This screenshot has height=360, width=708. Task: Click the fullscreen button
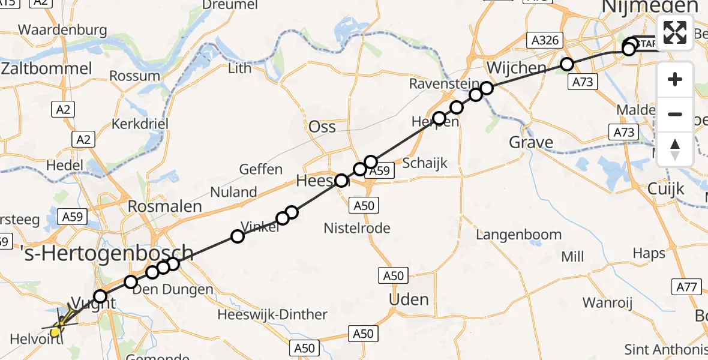pos(675,32)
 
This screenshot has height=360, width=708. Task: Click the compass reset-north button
pos(675,149)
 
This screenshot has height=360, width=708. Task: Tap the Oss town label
pos(322,127)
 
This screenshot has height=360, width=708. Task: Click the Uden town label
pos(409,299)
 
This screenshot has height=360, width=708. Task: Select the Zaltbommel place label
pos(47,68)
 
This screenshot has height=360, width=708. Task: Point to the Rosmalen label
pos(164,206)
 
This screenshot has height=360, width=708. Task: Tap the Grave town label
pos(531,142)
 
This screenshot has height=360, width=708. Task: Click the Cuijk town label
pos(666,188)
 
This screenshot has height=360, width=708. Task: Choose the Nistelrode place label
pos(357,228)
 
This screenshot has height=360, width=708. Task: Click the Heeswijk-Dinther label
pos(272,314)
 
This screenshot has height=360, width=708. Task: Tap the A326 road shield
pos(545,41)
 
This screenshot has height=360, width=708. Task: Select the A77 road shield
pos(688,287)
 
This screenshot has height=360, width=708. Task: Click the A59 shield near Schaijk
pos(379,171)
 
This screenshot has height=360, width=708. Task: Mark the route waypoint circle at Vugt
pos(100,296)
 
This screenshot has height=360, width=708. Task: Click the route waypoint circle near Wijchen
pos(566,64)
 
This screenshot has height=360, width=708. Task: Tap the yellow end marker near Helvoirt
pos(56,331)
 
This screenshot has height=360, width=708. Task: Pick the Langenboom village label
pos(519,235)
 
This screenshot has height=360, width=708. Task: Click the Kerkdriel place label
pos(140,124)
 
